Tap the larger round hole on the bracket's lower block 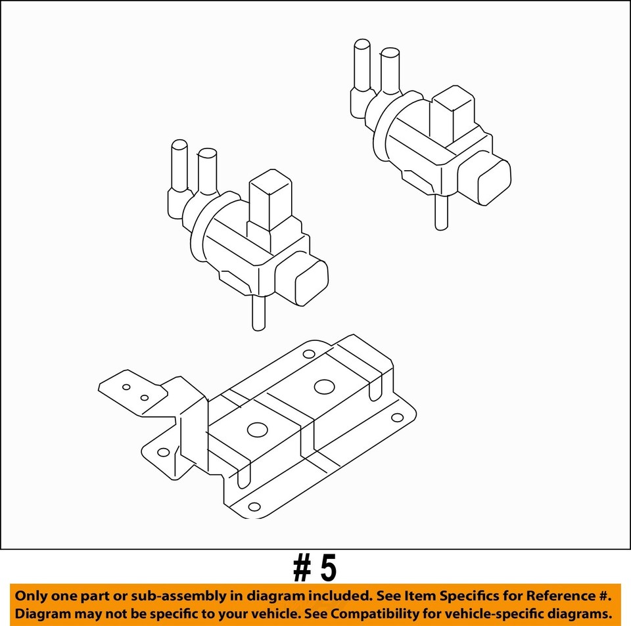pyautogui.click(x=258, y=430)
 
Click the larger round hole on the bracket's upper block pyautogui.click(x=324, y=387)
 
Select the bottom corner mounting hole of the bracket pyautogui.click(x=254, y=506)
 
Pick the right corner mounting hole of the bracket pyautogui.click(x=397, y=418)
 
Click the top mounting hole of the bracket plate pyautogui.click(x=309, y=354)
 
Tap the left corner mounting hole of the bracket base pyautogui.click(x=164, y=453)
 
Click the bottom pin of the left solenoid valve pyautogui.click(x=259, y=313)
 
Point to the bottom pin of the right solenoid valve pyautogui.click(x=442, y=212)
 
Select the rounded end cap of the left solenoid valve pyautogui.click(x=312, y=282)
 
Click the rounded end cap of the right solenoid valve pyautogui.click(x=494, y=182)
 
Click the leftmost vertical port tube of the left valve pyautogui.click(x=179, y=166)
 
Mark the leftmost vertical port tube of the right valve pyautogui.click(x=362, y=65)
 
